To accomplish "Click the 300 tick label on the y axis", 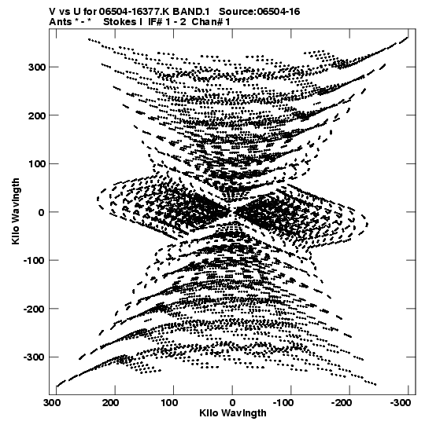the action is (x=37, y=67).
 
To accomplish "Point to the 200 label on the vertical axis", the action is (x=37, y=115).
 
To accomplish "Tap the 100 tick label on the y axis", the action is (x=37, y=163).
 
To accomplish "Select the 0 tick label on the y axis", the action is (x=41, y=212).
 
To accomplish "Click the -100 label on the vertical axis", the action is (x=34, y=261).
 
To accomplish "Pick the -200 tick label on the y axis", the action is (x=34, y=309).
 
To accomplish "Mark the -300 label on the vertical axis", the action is (x=34, y=357).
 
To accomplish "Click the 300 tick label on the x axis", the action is (x=52, y=403).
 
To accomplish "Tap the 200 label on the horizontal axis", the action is (x=110, y=403).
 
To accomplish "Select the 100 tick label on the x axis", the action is (x=169, y=403).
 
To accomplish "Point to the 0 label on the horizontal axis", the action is (x=232, y=403).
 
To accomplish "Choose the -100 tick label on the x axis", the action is (x=283, y=403).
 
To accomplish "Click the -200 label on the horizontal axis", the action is (x=342, y=403).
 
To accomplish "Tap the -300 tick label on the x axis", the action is (x=401, y=403).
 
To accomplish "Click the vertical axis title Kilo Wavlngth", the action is (x=16, y=211).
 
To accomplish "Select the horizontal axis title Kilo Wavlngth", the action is (x=233, y=413).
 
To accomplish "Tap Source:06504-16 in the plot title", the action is (x=260, y=12).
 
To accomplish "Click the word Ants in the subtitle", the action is (x=61, y=22).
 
